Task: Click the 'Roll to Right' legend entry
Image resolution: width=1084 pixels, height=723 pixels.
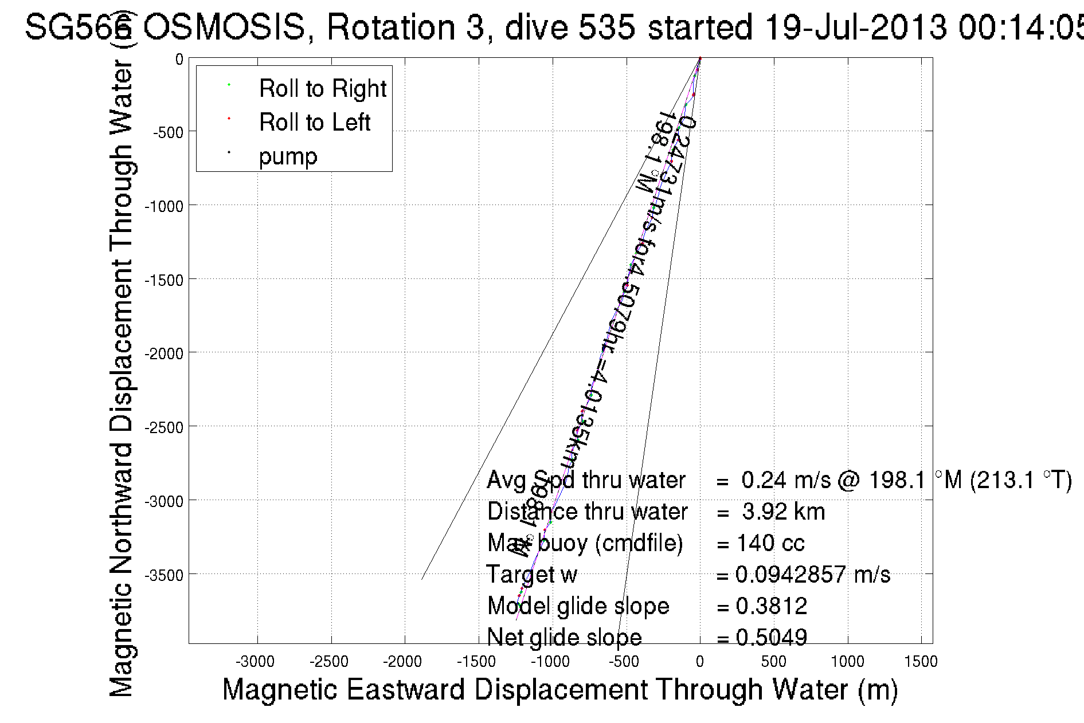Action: (322, 89)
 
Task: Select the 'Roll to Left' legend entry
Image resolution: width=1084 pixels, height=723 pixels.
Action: (314, 123)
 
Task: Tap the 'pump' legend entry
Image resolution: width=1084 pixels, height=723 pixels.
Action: (288, 156)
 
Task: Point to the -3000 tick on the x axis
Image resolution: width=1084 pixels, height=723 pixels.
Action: (255, 662)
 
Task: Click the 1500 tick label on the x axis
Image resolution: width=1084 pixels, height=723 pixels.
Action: (921, 662)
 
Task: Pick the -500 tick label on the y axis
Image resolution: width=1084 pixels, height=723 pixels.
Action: (167, 133)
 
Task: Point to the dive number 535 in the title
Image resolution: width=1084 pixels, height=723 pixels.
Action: (606, 27)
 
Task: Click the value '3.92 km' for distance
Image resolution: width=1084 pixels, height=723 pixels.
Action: (783, 512)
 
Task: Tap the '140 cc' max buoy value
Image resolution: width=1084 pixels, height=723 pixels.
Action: (770, 543)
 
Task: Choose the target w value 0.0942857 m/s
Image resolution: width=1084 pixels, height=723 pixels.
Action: (812, 575)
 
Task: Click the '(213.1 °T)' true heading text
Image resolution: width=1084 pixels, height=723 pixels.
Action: (1021, 480)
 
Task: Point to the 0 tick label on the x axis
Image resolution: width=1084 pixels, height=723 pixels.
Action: (700, 662)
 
